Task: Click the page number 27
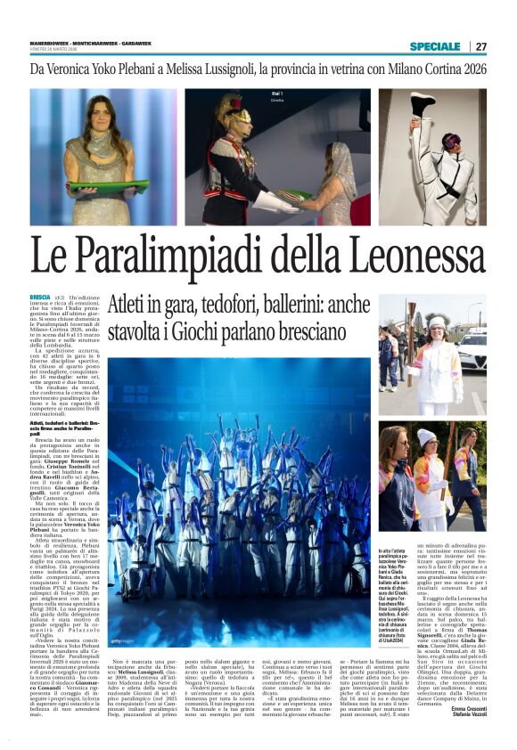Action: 481,46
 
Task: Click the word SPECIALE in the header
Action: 435,46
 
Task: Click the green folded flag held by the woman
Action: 108,187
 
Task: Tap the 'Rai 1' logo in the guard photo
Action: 276,94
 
